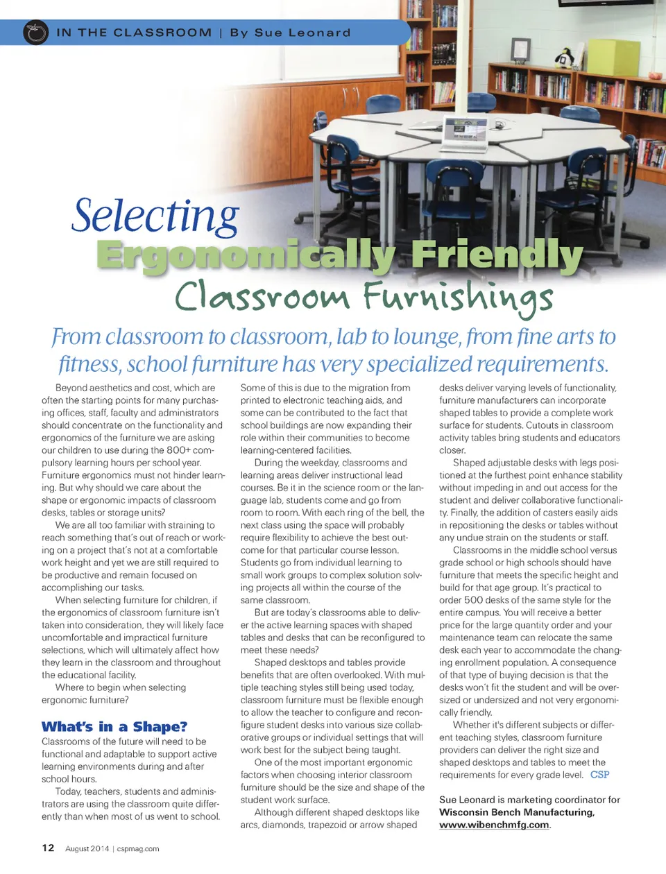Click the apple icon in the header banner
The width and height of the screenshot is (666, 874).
[35, 33]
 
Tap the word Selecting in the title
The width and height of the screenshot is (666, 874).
[155, 216]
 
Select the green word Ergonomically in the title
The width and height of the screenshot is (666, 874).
[246, 255]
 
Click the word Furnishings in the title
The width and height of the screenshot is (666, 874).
[458, 297]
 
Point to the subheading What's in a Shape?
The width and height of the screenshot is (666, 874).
[114, 726]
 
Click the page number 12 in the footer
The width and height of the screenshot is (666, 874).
[48, 848]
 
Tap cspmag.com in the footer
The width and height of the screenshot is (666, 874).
[138, 848]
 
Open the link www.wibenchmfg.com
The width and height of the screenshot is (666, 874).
[494, 825]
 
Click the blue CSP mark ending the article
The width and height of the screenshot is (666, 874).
[599, 775]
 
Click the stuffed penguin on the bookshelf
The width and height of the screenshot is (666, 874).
[565, 58]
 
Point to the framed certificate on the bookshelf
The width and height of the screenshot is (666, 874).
[520, 49]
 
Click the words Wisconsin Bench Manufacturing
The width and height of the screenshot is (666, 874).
[516, 812]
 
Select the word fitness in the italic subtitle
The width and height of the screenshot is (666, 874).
[89, 363]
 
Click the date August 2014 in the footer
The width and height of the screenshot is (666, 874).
[87, 848]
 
